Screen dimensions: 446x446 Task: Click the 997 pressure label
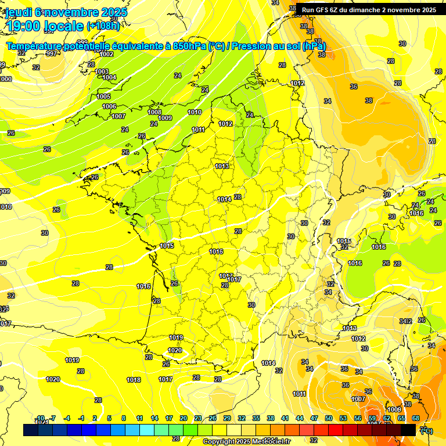click(52, 53)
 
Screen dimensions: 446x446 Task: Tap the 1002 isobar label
click(106, 54)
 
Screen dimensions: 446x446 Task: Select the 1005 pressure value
click(103, 96)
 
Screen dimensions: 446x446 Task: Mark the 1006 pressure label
click(109, 106)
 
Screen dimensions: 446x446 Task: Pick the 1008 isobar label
click(154, 112)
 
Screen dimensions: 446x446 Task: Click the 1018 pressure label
click(134, 380)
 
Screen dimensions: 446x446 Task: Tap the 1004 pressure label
click(109, 77)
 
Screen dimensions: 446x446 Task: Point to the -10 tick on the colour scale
click(40, 418)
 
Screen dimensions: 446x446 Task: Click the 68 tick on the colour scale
click(416, 418)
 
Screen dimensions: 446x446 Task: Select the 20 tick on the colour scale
click(184, 418)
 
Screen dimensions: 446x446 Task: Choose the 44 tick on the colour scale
click(299, 418)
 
